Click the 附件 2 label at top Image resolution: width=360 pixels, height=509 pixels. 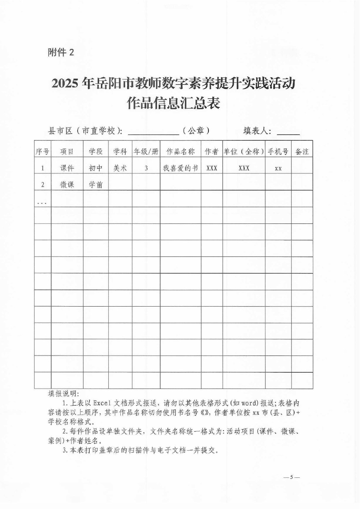pyautogui.click(x=61, y=53)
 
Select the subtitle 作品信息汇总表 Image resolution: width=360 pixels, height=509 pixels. pyautogui.click(x=173, y=104)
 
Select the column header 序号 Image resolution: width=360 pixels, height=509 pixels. pyautogui.click(x=42, y=152)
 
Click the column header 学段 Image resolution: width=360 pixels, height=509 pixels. pyautogui.click(x=96, y=152)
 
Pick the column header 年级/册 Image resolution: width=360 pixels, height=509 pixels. pyautogui.click(x=146, y=152)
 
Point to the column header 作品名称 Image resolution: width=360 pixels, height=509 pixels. pyautogui.click(x=181, y=152)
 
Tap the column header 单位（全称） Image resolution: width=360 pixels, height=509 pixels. pyautogui.click(x=244, y=152)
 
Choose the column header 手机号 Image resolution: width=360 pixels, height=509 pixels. pyautogui.click(x=278, y=152)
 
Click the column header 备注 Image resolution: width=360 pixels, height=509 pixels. pyautogui.click(x=302, y=152)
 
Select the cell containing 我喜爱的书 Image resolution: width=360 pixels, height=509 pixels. pyautogui.click(x=181, y=168)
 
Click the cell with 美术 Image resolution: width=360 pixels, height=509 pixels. pyautogui.click(x=120, y=168)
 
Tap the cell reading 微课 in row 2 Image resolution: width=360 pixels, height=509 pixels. pyautogui.click(x=67, y=185)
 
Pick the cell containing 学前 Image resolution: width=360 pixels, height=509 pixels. pyautogui.click(x=96, y=185)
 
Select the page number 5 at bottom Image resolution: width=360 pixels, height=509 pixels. pyautogui.click(x=291, y=477)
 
